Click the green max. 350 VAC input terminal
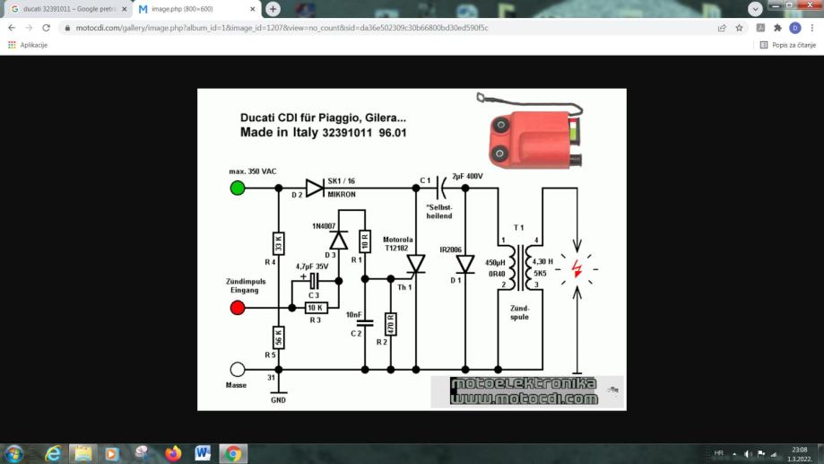[238, 188]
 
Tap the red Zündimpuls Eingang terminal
[238, 308]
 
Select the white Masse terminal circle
[238, 370]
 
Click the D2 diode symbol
[314, 188]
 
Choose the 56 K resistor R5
[279, 338]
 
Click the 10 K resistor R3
[315, 308]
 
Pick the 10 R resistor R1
[365, 241]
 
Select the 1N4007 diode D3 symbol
[339, 241]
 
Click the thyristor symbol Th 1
[415, 263]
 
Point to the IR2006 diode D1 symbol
[464, 264]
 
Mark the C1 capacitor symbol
[440, 188]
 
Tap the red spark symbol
[576, 267]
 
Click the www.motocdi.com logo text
[525, 398]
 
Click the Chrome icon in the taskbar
[232, 453]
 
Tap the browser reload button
[47, 28]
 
